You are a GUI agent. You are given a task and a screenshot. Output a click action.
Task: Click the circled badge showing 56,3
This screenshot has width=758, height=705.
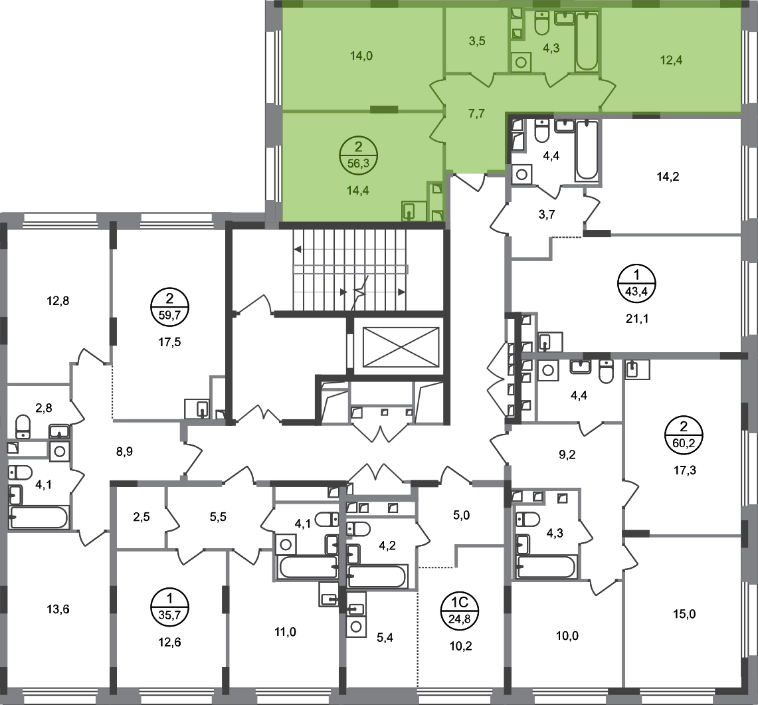pyautogui.click(x=358, y=155)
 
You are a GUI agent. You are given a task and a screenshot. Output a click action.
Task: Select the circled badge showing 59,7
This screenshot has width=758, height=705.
pyautogui.click(x=169, y=307)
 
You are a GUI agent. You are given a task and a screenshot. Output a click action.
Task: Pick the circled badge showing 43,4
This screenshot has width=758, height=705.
pyautogui.click(x=636, y=283)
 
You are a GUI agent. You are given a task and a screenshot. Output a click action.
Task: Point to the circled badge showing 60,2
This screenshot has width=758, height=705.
pyautogui.click(x=684, y=435)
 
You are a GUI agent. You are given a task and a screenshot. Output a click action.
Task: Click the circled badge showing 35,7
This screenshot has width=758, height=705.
pyautogui.click(x=169, y=607)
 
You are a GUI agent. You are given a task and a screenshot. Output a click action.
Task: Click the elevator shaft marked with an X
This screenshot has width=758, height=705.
pyautogui.click(x=401, y=347)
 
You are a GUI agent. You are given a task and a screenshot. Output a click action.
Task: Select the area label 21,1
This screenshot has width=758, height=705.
pyautogui.click(x=637, y=319)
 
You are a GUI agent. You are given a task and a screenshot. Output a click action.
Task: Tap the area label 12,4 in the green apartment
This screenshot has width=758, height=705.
pyautogui.click(x=672, y=60)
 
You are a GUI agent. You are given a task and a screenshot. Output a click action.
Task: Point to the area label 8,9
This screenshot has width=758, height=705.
pyautogui.click(x=124, y=452)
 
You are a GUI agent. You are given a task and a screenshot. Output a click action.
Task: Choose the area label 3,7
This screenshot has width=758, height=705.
pyautogui.click(x=547, y=215)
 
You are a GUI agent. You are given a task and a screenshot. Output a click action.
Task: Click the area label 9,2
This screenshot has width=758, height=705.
pyautogui.click(x=567, y=455)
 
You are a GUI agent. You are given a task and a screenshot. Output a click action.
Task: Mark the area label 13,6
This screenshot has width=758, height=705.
pyautogui.click(x=58, y=609)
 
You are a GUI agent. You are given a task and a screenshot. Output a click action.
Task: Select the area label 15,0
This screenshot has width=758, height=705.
pyautogui.click(x=684, y=614)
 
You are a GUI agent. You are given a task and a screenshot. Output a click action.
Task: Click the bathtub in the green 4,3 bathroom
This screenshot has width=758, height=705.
pyautogui.click(x=587, y=42)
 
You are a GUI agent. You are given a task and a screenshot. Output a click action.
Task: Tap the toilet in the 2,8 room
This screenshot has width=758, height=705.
pyautogui.click(x=23, y=426)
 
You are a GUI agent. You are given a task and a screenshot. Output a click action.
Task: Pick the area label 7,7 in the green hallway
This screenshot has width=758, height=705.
pyautogui.click(x=476, y=114)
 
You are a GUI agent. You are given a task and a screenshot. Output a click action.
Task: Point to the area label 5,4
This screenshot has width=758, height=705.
pyautogui.click(x=385, y=638)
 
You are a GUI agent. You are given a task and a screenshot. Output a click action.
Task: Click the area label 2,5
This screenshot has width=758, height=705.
pyautogui.click(x=142, y=517)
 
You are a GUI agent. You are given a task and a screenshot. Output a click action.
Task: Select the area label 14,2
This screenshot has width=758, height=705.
pyautogui.click(x=668, y=177)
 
